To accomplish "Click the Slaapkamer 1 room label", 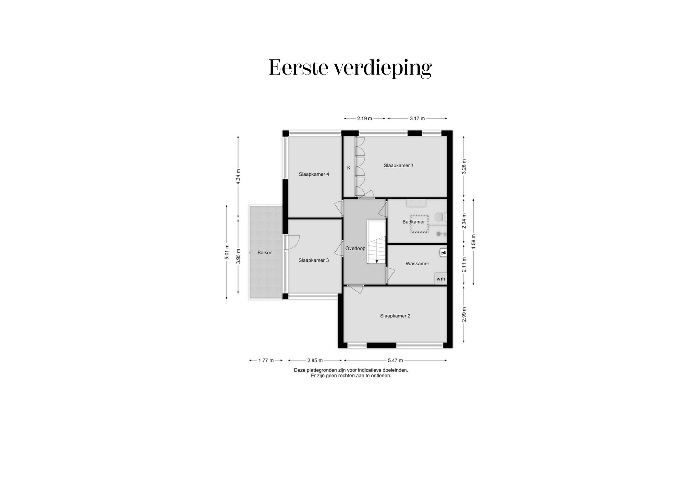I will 398,165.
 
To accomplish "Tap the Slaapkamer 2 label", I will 395,316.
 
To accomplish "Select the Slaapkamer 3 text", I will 313,260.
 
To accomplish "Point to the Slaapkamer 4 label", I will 314,174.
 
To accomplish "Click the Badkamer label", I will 413,222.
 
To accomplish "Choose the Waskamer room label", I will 417,264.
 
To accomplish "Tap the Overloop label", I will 355,248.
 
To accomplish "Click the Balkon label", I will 265,253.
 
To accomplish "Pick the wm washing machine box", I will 440,279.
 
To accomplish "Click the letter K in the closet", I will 349,168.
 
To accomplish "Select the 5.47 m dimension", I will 395,360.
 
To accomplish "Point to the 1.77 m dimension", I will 266,360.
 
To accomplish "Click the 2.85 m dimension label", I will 315,360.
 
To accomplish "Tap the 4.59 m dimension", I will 473,242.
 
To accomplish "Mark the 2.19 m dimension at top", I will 364,118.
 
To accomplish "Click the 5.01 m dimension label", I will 227,252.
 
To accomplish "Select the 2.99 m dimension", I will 464,314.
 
